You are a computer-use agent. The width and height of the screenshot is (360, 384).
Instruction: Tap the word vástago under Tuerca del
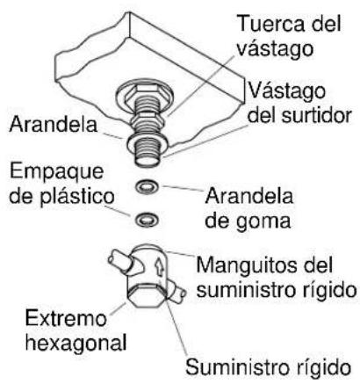pyautogui.click(x=275, y=49)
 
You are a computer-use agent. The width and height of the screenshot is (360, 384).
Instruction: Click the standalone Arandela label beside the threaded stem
pyautogui.click(x=53, y=124)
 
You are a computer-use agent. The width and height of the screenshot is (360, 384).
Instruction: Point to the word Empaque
pyautogui.click(x=57, y=173)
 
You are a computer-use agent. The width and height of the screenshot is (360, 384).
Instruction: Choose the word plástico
pyautogui.click(x=77, y=196)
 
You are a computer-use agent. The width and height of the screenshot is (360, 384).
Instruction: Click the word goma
pyautogui.click(x=263, y=221)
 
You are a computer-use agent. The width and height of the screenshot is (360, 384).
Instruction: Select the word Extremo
pyautogui.click(x=66, y=318)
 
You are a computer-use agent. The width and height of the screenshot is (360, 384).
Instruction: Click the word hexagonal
pyautogui.click(x=76, y=343)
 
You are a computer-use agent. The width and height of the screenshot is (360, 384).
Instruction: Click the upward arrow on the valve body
pyautogui.click(x=160, y=267)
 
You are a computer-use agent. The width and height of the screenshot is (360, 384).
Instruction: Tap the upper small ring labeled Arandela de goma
pyautogui.click(x=147, y=185)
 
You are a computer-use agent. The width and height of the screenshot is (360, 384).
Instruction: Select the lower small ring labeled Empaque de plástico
pyautogui.click(x=147, y=220)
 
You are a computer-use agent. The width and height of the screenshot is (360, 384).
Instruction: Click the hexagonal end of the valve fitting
pyautogui.click(x=147, y=296)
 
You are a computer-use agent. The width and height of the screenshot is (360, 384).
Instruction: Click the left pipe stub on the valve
pyautogui.click(x=120, y=262)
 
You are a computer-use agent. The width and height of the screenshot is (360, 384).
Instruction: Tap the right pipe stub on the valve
pyautogui.click(x=176, y=293)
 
